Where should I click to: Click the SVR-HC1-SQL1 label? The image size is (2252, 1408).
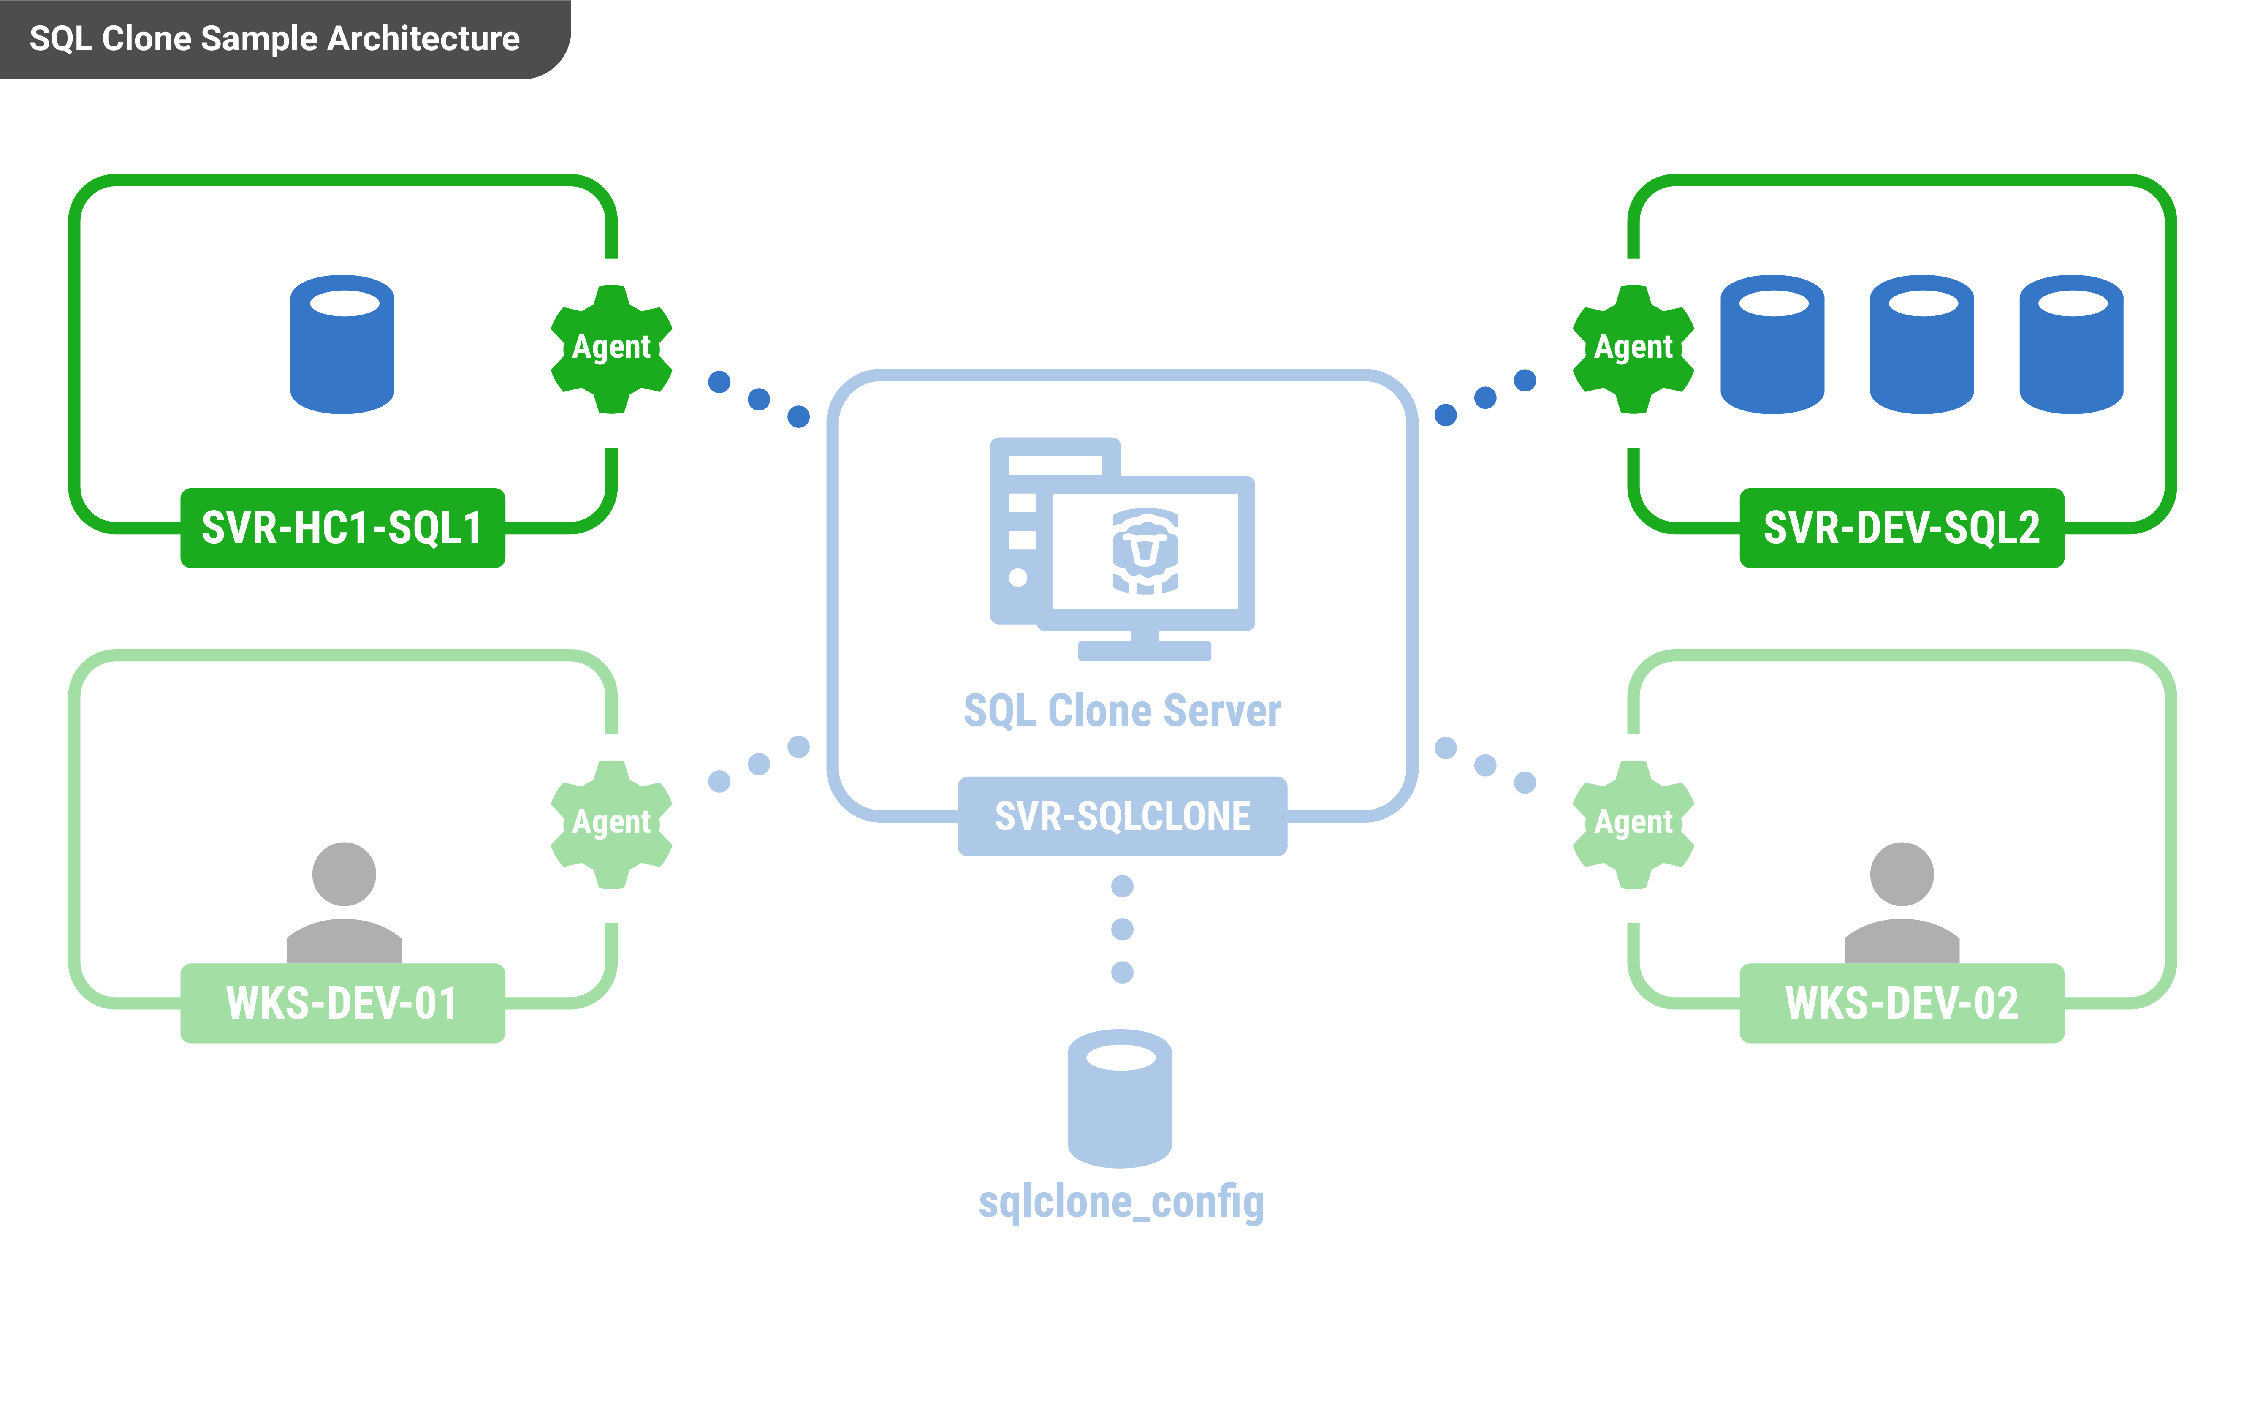342,528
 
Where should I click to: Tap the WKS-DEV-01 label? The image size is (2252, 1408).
342,1003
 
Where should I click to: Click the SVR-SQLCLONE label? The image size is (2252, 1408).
1122,816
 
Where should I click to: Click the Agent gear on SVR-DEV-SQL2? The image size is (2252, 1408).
1633,348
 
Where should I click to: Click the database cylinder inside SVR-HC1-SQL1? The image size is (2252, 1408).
342,345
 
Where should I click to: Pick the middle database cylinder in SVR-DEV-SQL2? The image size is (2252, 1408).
1921,345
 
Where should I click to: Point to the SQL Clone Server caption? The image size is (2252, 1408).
1122,710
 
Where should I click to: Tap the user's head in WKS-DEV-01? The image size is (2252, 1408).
344,873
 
